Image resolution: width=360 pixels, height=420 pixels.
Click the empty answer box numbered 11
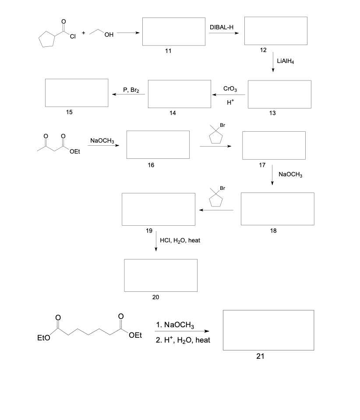[174, 31]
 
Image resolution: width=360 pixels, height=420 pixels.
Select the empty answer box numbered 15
[77, 92]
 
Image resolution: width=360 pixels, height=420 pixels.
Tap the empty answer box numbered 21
[268, 330]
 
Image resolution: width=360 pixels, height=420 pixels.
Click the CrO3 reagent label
[230, 89]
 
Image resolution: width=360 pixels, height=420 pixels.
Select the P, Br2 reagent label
[131, 90]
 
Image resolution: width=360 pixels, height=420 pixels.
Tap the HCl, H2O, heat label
[180, 241]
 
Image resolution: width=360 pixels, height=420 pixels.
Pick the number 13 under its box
[272, 113]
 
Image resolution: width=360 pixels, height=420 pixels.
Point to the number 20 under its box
[156, 297]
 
